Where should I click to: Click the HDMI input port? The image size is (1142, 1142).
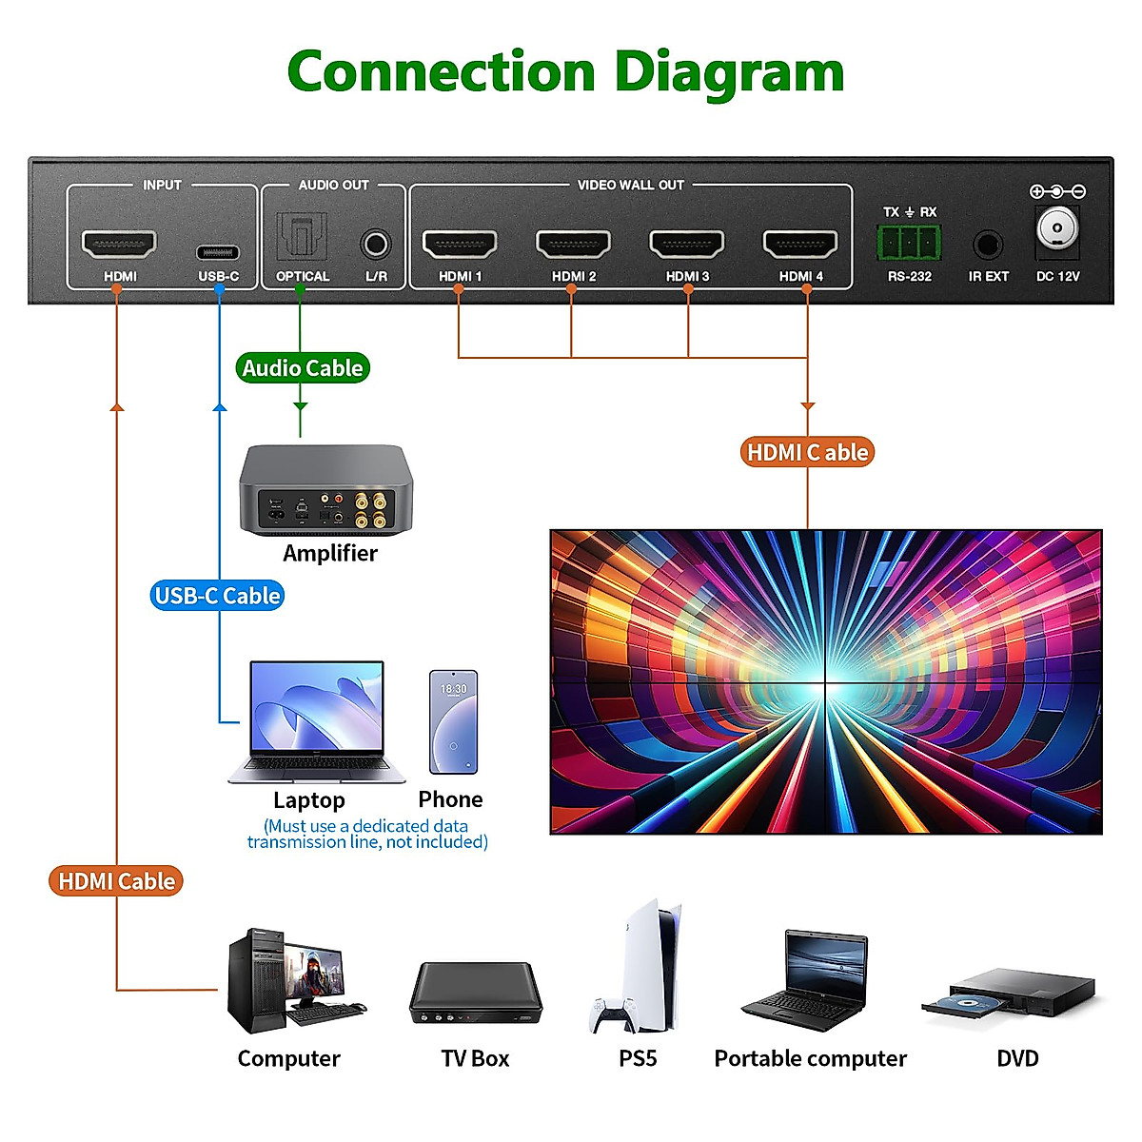(119, 245)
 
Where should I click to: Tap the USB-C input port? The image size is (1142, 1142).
(218, 252)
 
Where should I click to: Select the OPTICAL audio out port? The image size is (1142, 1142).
(302, 237)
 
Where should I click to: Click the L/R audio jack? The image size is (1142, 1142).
(376, 245)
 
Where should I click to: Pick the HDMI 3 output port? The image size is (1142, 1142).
(686, 245)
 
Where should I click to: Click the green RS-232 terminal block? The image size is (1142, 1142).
(909, 244)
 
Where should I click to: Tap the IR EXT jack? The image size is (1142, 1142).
(988, 246)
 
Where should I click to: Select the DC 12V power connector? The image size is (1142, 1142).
(1056, 228)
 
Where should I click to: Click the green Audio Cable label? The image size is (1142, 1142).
(303, 368)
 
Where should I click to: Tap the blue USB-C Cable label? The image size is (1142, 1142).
(218, 596)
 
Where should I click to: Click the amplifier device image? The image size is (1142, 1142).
(325, 491)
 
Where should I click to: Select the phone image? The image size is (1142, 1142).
(453, 723)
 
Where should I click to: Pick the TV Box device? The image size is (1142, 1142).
(475, 994)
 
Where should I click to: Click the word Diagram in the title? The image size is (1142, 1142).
(729, 73)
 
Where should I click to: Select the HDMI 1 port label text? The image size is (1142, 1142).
(460, 277)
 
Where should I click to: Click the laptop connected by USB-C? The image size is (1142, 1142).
(316, 721)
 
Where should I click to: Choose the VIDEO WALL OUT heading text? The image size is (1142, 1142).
(630, 185)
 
